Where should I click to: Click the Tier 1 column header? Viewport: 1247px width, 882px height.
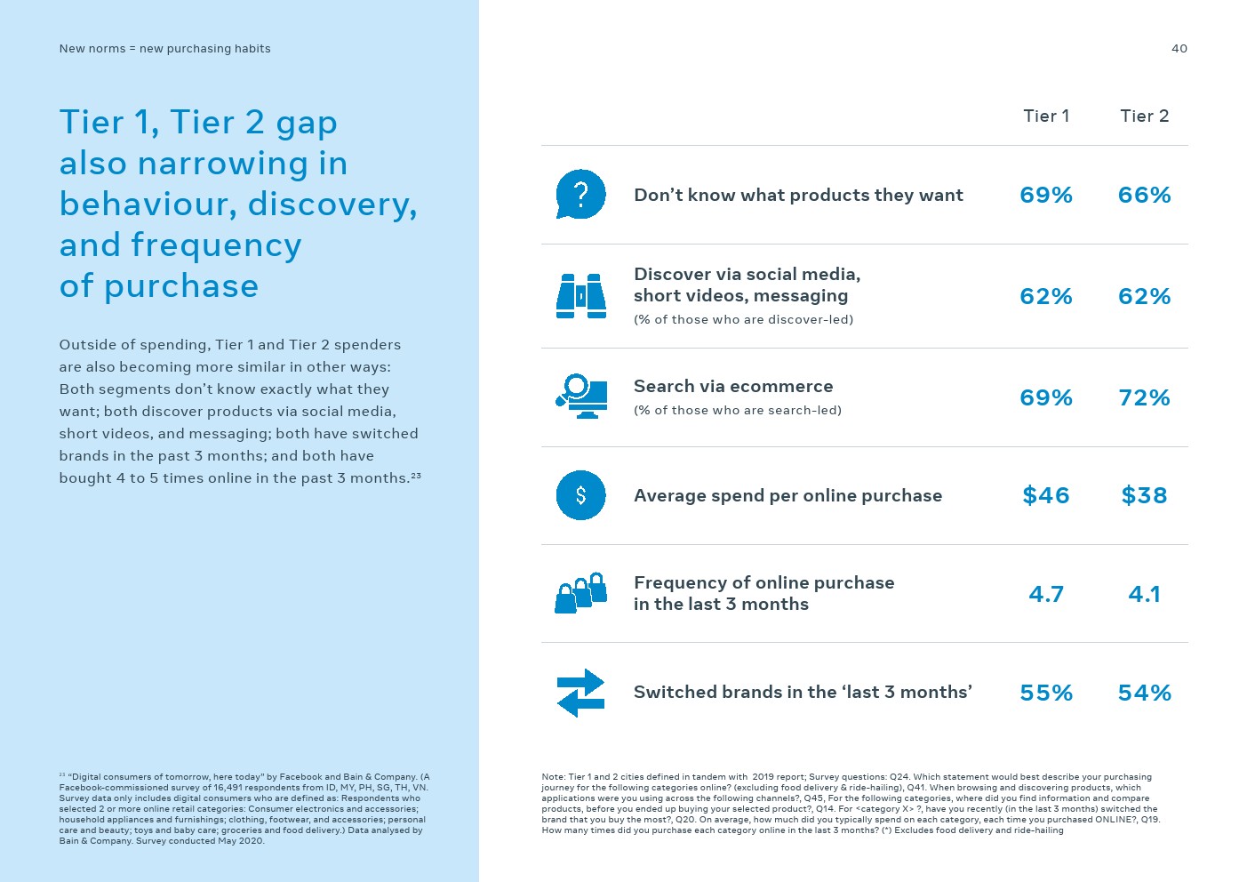pos(1046,116)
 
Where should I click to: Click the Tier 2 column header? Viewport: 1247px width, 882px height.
pos(1144,116)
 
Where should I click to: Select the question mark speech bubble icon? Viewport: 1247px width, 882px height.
pos(580,194)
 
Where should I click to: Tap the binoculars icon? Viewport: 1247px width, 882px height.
pos(580,295)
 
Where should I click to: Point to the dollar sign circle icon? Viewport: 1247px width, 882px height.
pos(580,495)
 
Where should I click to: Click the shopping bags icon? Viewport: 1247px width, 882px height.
pos(580,593)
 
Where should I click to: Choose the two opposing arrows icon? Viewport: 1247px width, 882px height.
pos(580,693)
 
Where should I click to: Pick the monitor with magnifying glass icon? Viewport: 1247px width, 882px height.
pos(581,397)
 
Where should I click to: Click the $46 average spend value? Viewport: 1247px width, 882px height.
pos(1046,495)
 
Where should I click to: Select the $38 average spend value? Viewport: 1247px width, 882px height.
pos(1144,495)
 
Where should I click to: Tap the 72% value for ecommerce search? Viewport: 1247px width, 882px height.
pos(1144,397)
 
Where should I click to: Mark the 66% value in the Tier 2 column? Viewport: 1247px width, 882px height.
pos(1144,195)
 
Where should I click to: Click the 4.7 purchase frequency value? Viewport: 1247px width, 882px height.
pos(1046,594)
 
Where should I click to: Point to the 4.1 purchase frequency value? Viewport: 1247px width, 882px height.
pos(1144,594)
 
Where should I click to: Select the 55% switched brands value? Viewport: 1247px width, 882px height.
pos(1046,693)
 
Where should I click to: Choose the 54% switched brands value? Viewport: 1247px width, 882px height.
pos(1144,693)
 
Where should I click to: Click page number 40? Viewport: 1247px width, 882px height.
pos(1179,49)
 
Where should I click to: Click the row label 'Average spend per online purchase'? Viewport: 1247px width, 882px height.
pos(787,496)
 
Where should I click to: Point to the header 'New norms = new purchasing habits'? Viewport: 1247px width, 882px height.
pos(164,49)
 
